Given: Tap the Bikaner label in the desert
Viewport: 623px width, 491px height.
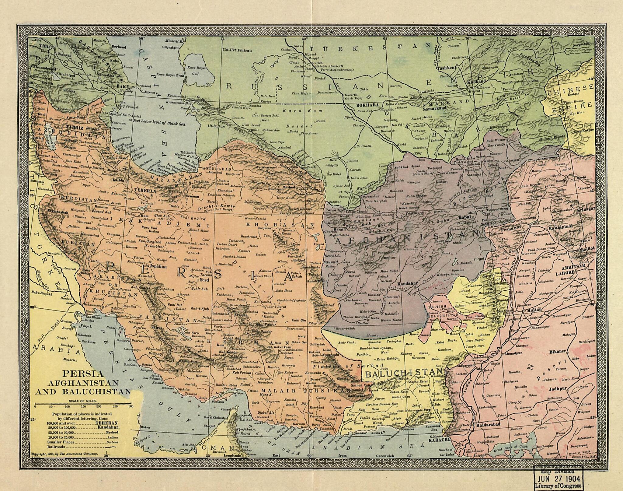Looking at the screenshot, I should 558,351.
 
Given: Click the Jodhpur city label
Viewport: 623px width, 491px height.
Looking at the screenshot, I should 558,389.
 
